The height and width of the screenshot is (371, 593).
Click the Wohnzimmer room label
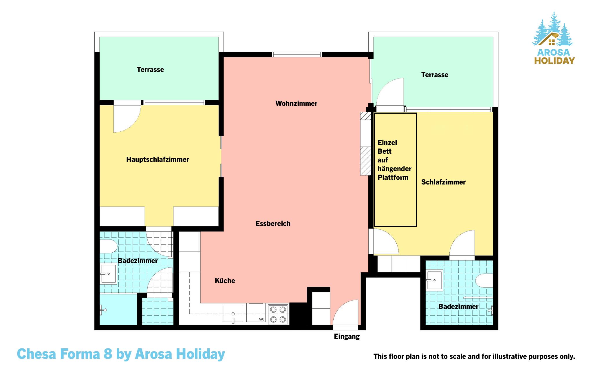(296, 104)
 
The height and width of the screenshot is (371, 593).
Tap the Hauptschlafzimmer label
(158, 160)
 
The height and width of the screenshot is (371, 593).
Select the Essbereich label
(273, 224)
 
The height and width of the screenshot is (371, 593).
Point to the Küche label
(225, 281)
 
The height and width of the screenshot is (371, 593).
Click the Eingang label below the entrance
(347, 337)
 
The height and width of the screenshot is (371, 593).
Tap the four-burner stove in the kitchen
(279, 314)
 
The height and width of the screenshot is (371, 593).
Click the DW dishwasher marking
(261, 319)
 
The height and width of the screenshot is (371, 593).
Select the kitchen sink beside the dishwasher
(233, 314)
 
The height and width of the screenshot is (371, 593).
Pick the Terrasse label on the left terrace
(150, 70)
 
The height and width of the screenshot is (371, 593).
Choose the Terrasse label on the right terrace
(435, 75)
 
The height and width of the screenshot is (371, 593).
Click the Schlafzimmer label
(443, 182)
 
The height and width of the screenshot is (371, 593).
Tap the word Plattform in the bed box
(393, 178)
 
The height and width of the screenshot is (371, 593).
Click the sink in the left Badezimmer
(108, 274)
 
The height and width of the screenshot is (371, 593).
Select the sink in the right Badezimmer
(434, 280)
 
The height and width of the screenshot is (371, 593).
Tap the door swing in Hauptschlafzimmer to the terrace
(131, 124)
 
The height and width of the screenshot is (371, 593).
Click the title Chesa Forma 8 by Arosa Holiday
(121, 354)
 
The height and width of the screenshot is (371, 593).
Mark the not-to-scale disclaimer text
(474, 356)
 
